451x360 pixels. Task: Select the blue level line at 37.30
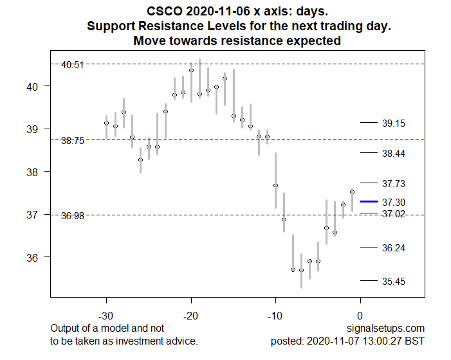(x=368, y=202)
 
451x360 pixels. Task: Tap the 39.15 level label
(x=393, y=123)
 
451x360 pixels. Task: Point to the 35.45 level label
(x=393, y=282)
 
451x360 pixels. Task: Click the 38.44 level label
(x=393, y=154)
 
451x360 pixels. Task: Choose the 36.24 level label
(x=393, y=248)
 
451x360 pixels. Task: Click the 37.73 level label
(x=393, y=184)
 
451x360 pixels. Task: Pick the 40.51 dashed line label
(x=72, y=64)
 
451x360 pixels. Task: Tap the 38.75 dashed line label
(x=72, y=140)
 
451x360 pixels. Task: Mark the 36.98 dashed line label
(x=72, y=216)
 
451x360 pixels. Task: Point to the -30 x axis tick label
(x=106, y=316)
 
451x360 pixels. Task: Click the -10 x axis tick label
(x=275, y=316)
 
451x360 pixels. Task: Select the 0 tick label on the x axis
(x=360, y=316)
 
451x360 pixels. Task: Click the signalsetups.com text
(x=393, y=328)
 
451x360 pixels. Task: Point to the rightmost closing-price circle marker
(x=352, y=192)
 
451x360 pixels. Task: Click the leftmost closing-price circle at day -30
(x=106, y=123)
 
